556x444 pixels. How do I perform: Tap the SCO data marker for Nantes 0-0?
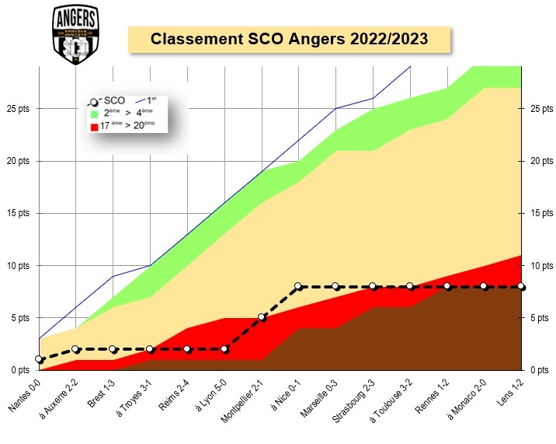coord(39,359)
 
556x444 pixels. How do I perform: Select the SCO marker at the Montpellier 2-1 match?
coord(262,317)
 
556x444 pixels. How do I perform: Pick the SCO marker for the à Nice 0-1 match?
coord(298,286)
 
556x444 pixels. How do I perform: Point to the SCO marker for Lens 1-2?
coord(520,286)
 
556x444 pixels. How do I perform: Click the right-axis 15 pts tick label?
coord(540,213)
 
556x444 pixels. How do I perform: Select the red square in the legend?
coord(94,125)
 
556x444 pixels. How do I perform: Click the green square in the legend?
coord(94,113)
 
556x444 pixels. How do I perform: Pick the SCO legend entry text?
coord(114,100)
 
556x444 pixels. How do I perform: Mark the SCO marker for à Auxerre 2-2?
coord(75,349)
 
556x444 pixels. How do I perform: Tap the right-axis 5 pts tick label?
coord(540,317)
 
